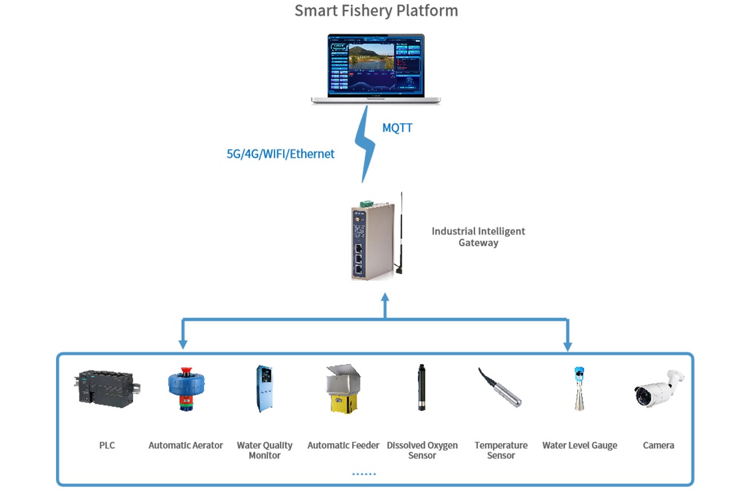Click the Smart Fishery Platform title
tap(376, 10)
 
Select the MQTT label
tap(397, 128)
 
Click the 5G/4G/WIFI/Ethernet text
tap(281, 154)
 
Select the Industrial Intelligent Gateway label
tap(478, 237)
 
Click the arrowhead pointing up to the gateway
tap(385, 298)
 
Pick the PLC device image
tap(107, 388)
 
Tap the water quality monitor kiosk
tap(264, 388)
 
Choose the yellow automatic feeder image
tap(343, 388)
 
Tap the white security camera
tap(658, 388)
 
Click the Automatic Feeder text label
tap(343, 445)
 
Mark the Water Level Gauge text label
tap(580, 445)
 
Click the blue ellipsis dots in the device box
tap(364, 474)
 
